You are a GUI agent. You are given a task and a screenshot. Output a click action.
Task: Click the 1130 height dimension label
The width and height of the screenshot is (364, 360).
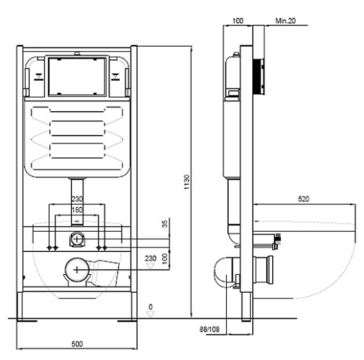coord(186,182)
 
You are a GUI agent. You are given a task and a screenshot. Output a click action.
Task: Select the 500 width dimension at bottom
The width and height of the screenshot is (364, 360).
coord(77,344)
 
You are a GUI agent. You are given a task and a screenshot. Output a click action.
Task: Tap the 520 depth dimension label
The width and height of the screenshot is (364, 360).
coord(304,199)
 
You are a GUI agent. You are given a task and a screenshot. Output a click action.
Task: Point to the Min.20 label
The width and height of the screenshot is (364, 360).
coord(286,21)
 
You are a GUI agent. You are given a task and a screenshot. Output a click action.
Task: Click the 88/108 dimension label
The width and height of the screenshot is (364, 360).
coord(209,329)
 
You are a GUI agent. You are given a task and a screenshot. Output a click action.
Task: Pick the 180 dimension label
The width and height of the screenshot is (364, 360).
coord(77,210)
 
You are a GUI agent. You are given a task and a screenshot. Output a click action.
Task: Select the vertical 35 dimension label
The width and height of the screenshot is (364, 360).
coord(165,224)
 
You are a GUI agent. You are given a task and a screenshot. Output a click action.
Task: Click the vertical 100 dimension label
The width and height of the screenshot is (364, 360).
coord(165,259)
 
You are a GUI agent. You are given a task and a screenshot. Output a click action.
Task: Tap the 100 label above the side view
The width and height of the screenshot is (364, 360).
coord(238,21)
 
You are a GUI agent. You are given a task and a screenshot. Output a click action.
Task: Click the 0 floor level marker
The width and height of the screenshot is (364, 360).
coord(151,310)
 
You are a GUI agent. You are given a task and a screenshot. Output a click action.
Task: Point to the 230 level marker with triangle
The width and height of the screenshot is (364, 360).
coord(151,261)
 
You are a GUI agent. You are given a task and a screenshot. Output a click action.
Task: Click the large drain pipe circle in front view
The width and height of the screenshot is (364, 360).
coord(77,269)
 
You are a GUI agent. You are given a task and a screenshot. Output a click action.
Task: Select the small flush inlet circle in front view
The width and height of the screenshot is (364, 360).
coord(77,239)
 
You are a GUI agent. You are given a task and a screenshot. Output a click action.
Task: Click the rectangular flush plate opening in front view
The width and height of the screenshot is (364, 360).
coord(77,76)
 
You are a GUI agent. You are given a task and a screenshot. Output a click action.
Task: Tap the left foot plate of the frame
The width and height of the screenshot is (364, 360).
coord(27,321)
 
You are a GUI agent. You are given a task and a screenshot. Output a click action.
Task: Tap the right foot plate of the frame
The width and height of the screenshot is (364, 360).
coord(128,321)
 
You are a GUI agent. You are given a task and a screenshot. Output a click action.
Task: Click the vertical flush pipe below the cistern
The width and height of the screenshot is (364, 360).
coord(77,202)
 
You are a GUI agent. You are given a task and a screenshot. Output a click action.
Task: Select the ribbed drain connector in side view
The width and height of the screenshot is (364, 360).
coord(264,270)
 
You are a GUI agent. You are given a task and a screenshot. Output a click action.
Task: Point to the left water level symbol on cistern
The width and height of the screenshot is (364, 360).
coord(39,77)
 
